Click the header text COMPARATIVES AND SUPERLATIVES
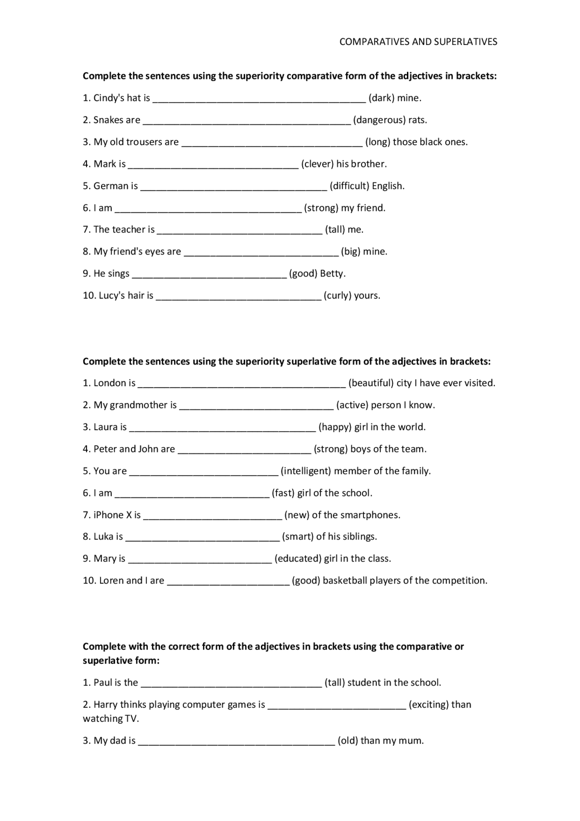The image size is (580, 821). pyautogui.click(x=418, y=42)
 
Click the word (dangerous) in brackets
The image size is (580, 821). pyautogui.click(x=379, y=120)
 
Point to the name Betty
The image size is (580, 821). pyautogui.click(x=333, y=274)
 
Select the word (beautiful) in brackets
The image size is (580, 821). pyautogui.click(x=371, y=383)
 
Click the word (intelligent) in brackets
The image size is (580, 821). pyautogui.click(x=306, y=471)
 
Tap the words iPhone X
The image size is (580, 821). pyautogui.click(x=112, y=515)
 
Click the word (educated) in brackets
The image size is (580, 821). pyautogui.click(x=298, y=559)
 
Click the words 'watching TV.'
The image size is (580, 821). pyautogui.click(x=111, y=719)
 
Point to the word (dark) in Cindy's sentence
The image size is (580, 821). pyautogui.click(x=381, y=98)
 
